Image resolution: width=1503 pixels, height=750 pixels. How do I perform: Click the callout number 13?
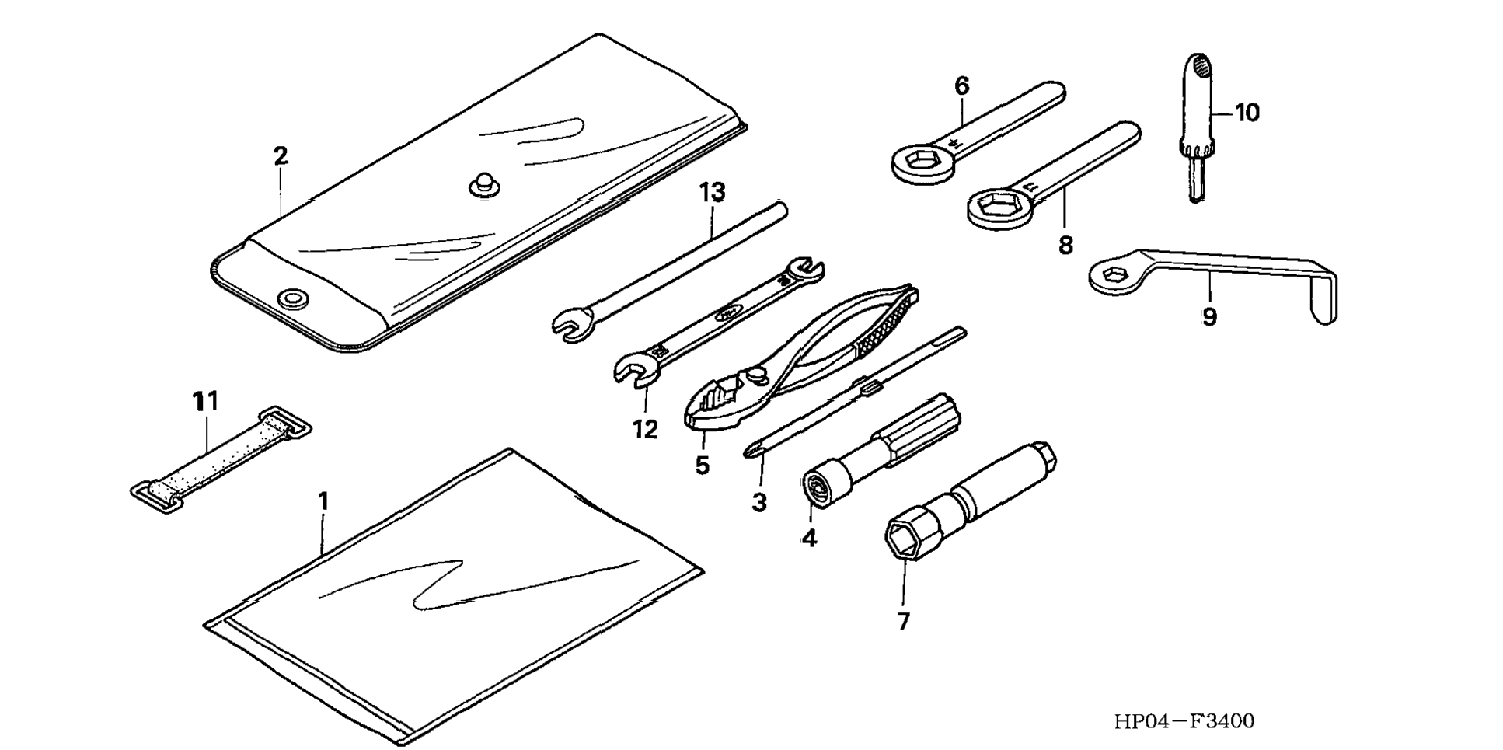pyautogui.click(x=712, y=191)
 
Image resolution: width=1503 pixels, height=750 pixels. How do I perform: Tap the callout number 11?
pyautogui.click(x=206, y=401)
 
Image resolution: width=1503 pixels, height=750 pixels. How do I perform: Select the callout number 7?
pyautogui.click(x=903, y=621)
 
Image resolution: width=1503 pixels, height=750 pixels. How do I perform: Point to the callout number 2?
pyautogui.click(x=281, y=155)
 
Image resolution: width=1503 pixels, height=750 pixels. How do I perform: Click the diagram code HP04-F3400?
pyautogui.click(x=1184, y=721)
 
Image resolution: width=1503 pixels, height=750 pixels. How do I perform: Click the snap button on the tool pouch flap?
pyautogui.click(x=485, y=185)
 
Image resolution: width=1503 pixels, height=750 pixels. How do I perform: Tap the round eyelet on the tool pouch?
pyautogui.click(x=294, y=298)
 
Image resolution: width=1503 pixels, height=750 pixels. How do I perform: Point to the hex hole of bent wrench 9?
pyautogui.click(x=1116, y=275)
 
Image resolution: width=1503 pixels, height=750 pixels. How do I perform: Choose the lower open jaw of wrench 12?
pyautogui.click(x=636, y=368)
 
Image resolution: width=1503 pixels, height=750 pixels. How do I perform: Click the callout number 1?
pyautogui.click(x=323, y=501)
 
